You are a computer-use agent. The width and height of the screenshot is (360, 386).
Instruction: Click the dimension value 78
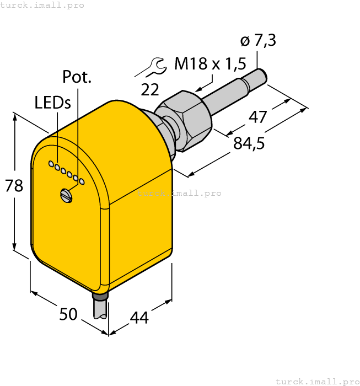pyautogui.click(x=14, y=186)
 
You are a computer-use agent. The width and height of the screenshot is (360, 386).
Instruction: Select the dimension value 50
pyautogui.click(x=68, y=314)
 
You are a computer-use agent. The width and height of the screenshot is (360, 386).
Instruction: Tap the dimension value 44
pyautogui.click(x=139, y=318)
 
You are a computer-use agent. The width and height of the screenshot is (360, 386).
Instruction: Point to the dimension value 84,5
pyautogui.click(x=249, y=143)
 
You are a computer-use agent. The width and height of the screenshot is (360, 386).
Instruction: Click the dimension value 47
pyautogui.click(x=258, y=117)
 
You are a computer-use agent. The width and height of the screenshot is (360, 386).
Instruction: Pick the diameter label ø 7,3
pyautogui.click(x=258, y=41)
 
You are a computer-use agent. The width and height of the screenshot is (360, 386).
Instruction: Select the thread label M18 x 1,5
pyautogui.click(x=210, y=65)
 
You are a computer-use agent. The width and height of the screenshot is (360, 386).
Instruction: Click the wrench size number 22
pyautogui.click(x=149, y=89)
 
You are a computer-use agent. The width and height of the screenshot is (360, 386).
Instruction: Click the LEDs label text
pyautogui.click(x=52, y=103)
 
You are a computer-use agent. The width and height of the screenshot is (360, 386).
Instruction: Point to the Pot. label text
pyautogui.click(x=77, y=77)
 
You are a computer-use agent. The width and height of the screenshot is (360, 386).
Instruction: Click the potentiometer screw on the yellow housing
pyautogui.click(x=66, y=194)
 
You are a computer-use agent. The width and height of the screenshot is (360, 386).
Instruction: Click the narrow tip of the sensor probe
pyautogui.click(x=261, y=74)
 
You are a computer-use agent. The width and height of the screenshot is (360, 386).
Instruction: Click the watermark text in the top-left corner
pyautogui.click(x=42, y=5)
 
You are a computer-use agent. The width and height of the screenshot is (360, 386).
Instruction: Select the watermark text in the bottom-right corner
pyautogui.click(x=317, y=381)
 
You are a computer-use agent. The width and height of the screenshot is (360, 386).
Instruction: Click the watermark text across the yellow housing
pyautogui.click(x=179, y=193)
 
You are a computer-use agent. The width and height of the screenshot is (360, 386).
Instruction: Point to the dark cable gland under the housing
pyautogui.click(x=100, y=297)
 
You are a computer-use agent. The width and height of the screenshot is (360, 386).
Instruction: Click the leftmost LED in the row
pyautogui.click(x=51, y=164)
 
